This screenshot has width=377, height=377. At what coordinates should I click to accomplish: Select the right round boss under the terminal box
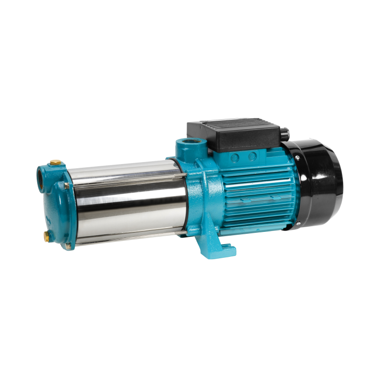coord(253,156)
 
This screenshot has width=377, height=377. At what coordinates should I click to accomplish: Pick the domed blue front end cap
coord(52,207)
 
